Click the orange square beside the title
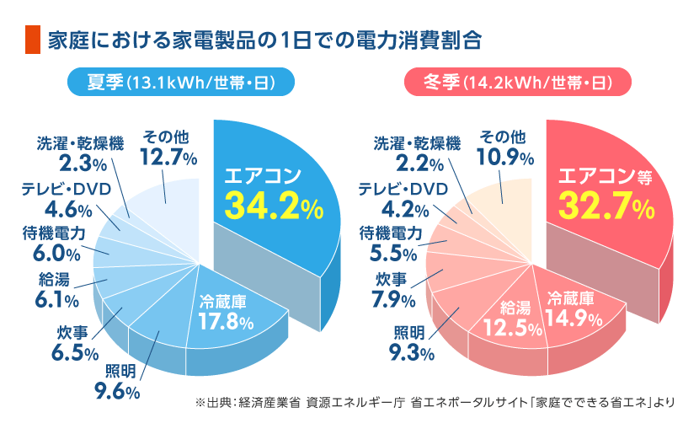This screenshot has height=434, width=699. pyautogui.click(x=33, y=40)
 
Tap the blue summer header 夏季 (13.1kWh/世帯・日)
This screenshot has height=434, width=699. pyautogui.click(x=181, y=82)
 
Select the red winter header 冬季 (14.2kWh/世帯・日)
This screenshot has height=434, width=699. pyautogui.click(x=518, y=82)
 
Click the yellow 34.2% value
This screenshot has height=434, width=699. pyautogui.click(x=274, y=206)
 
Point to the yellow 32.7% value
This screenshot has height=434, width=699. pyautogui.click(x=606, y=206)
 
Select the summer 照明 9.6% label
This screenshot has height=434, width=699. pyautogui.click(x=118, y=382)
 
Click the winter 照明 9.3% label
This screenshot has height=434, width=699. pyautogui.click(x=412, y=344)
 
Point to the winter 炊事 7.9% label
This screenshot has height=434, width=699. pyautogui.click(x=393, y=291)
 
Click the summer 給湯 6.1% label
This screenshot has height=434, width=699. pyautogui.click(x=56, y=291)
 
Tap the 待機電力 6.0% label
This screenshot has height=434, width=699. pyautogui.click(x=54, y=244)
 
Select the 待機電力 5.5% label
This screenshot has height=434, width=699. pyautogui.click(x=391, y=244)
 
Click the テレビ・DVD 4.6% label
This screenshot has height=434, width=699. pyautogui.click(x=67, y=200)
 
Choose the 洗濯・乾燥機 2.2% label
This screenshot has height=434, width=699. pyautogui.click(x=418, y=154)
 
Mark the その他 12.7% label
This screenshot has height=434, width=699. pyautogui.click(x=168, y=147)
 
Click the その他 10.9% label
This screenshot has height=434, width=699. pyautogui.click(x=505, y=147)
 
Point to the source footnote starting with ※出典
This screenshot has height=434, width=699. pyautogui.click(x=435, y=402)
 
